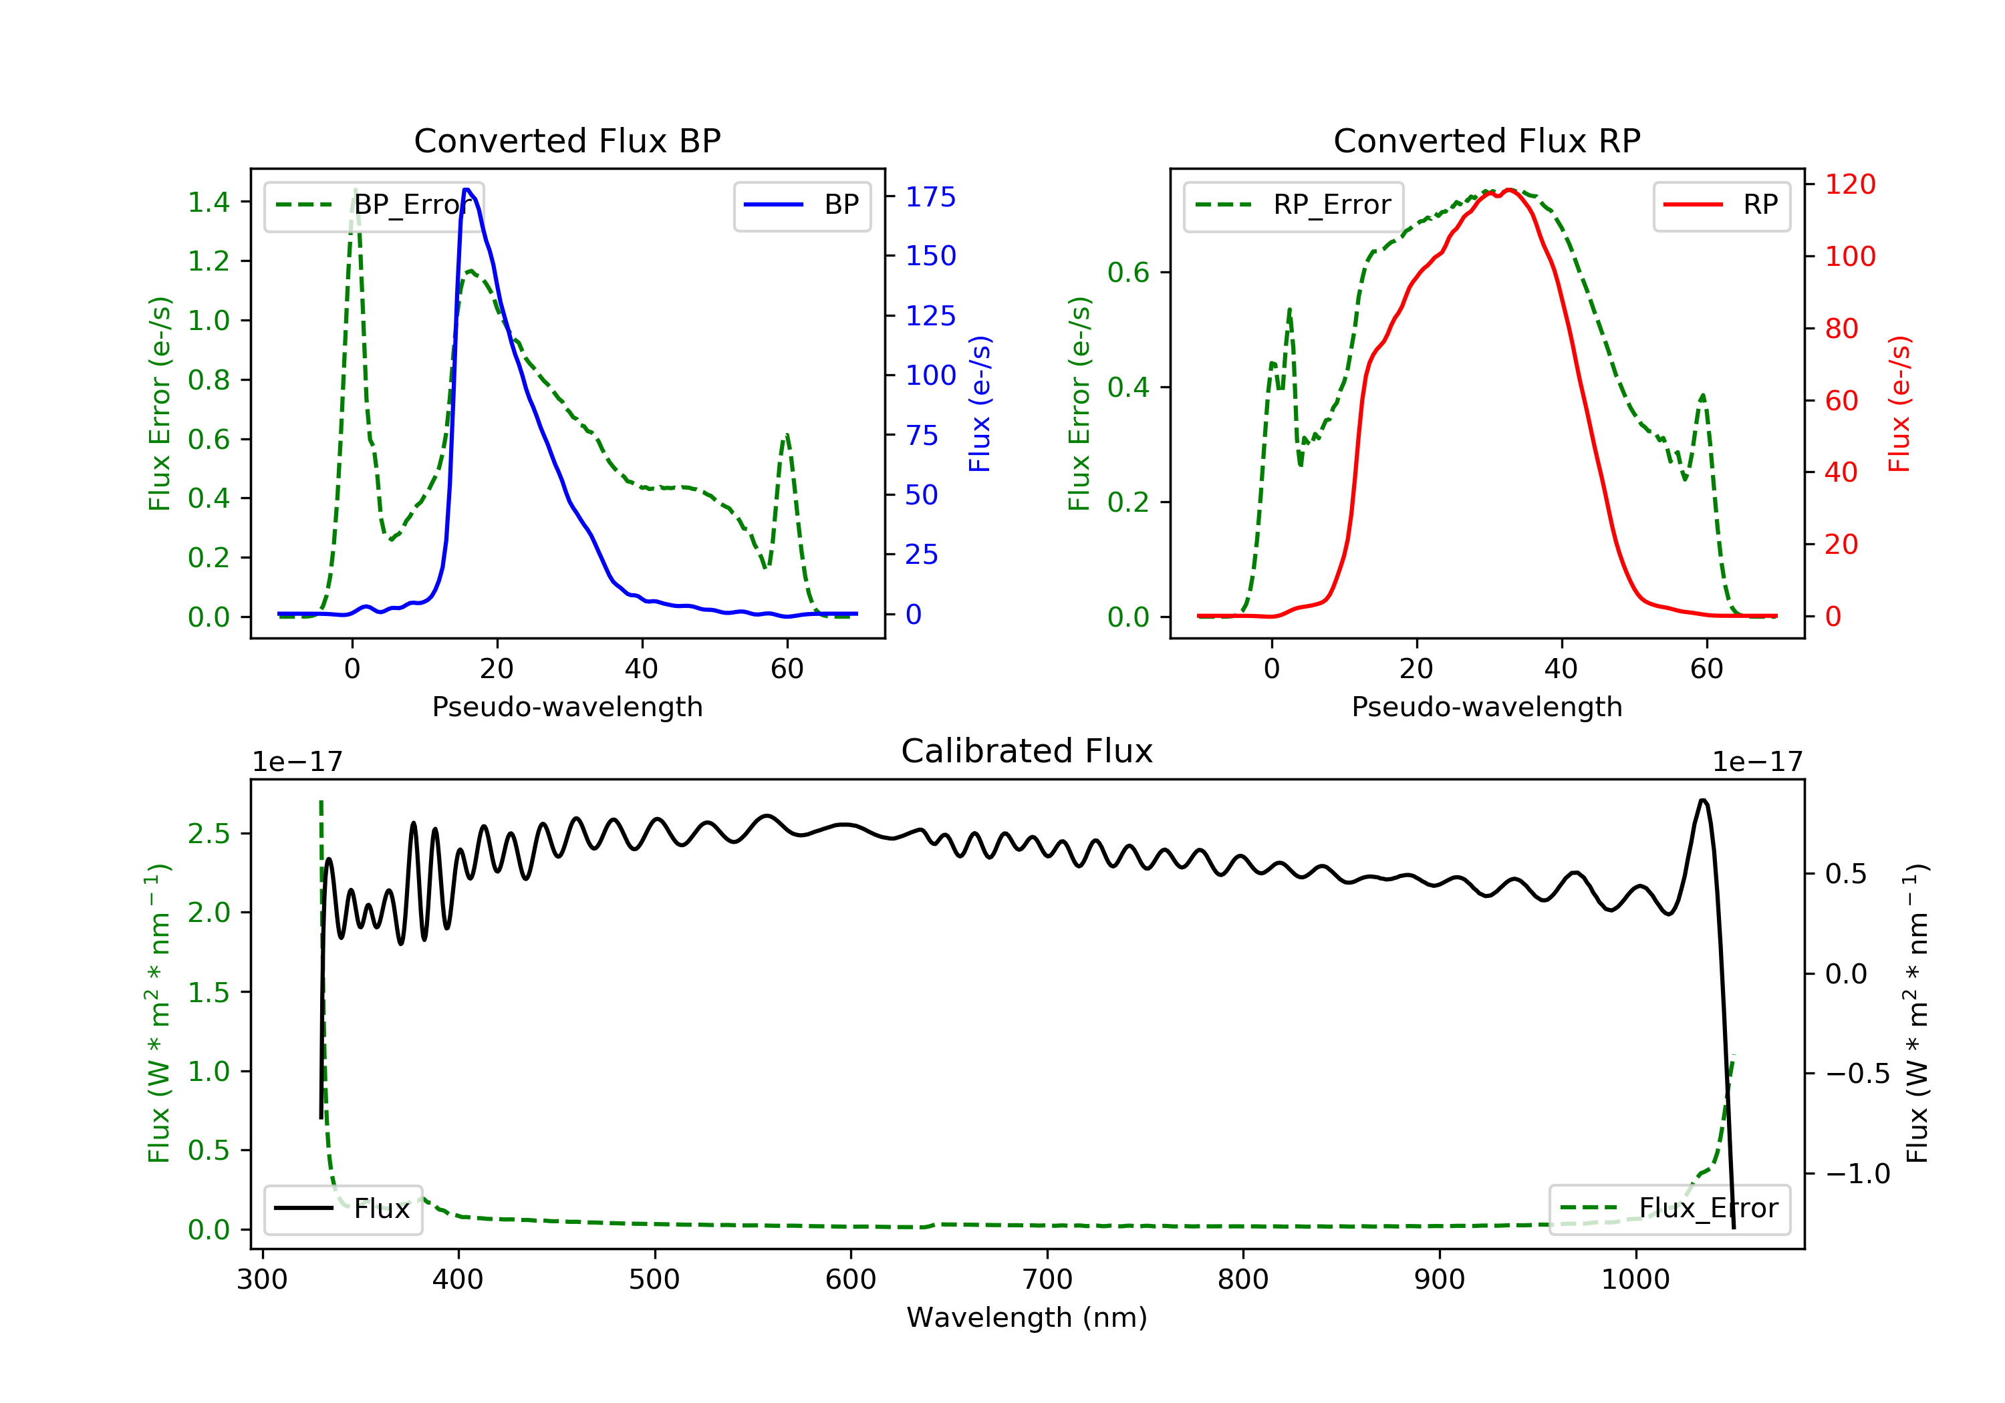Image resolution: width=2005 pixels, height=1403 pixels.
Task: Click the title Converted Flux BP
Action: [567, 140]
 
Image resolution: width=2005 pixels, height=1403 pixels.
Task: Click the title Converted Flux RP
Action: [1486, 140]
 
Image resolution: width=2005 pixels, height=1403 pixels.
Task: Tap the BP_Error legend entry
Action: [374, 205]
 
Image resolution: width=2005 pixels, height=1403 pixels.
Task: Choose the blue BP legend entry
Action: [801, 205]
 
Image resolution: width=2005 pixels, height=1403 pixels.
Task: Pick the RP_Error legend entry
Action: [1293, 205]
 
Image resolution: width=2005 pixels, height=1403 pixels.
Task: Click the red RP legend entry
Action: [1721, 205]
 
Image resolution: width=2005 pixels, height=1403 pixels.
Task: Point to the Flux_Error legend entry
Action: [1669, 1209]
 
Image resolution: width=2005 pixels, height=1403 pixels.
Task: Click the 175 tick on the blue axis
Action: [930, 197]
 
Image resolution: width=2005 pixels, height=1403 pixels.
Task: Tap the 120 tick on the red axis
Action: [1849, 184]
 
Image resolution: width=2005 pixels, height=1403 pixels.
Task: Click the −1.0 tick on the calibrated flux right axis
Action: [1857, 1173]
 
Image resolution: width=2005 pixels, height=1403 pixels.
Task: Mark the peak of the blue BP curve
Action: [467, 190]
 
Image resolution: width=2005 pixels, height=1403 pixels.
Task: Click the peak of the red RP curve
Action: [1509, 190]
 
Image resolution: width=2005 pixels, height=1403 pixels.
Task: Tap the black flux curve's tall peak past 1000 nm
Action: [1703, 800]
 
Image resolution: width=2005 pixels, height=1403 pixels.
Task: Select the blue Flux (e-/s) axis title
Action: [980, 404]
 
